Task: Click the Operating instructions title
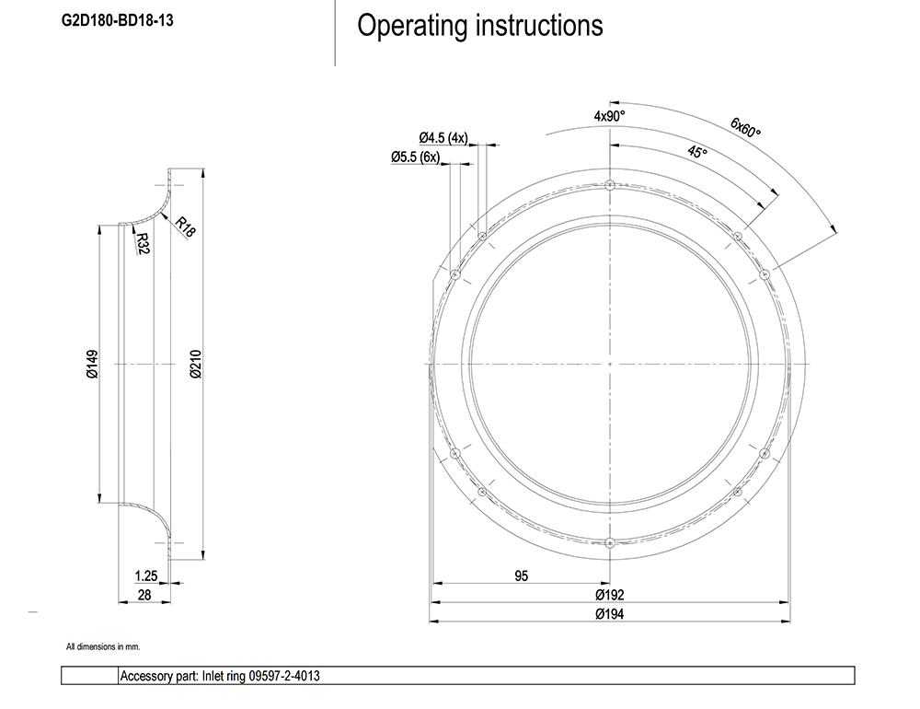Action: [x=479, y=26]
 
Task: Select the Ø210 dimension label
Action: [x=194, y=364]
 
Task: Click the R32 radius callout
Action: [x=142, y=244]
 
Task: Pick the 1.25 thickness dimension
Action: [x=145, y=576]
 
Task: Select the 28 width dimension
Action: [x=144, y=595]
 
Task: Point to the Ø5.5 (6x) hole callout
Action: [x=416, y=157]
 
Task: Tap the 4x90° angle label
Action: [x=609, y=116]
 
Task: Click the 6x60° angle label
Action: [x=745, y=127]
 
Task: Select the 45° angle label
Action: [x=697, y=152]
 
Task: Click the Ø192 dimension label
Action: [x=610, y=595]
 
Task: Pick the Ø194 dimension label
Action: [x=610, y=614]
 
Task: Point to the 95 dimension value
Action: [x=521, y=576]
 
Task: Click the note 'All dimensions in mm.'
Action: [x=103, y=647]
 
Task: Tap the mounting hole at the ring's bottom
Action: [x=610, y=543]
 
